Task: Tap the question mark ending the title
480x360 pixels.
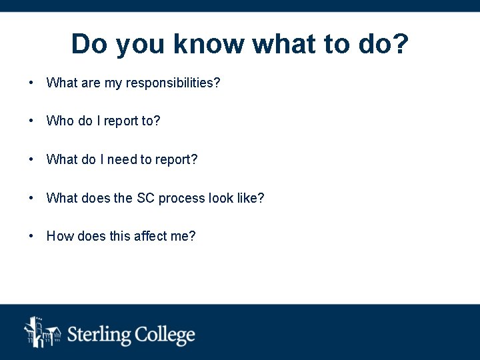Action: pyautogui.click(x=401, y=44)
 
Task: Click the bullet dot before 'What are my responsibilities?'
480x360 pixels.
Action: pyautogui.click(x=31, y=83)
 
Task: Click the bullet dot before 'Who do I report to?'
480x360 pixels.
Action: pyautogui.click(x=31, y=121)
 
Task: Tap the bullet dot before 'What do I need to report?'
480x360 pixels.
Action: pyautogui.click(x=31, y=160)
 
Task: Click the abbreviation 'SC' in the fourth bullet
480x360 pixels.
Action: pyautogui.click(x=145, y=199)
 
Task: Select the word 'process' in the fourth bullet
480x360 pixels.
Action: pyautogui.click(x=181, y=199)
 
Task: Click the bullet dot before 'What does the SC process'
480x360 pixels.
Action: pyautogui.click(x=31, y=199)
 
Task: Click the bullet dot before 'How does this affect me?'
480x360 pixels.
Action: pyautogui.click(x=31, y=237)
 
